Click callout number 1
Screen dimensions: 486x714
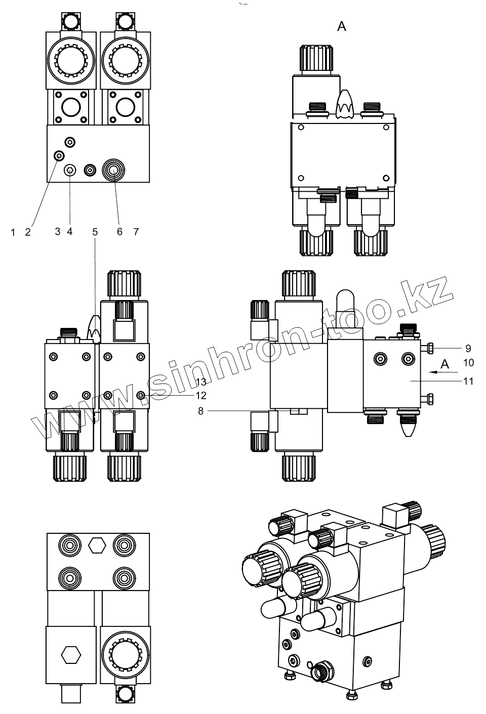tap(13, 232)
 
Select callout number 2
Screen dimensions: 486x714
tap(28, 232)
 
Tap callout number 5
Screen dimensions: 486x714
tap(95, 232)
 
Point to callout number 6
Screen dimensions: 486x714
tap(120, 232)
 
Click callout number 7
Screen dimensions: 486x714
tap(136, 232)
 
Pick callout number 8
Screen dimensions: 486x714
tap(200, 411)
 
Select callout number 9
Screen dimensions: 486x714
tap(468, 348)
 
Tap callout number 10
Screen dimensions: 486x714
tap(468, 363)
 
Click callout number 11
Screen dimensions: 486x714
tap(468, 381)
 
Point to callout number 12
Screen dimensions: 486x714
tap(201, 396)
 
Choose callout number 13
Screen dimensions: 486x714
tap(201, 382)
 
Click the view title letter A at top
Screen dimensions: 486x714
tap(342, 26)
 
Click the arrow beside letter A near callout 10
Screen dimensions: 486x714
tap(438, 372)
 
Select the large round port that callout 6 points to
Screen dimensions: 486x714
tap(112, 171)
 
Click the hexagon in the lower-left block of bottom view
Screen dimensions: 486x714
tap(71, 654)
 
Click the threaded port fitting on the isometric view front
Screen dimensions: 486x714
tap(321, 672)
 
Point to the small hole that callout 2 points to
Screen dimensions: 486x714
tap(59, 155)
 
